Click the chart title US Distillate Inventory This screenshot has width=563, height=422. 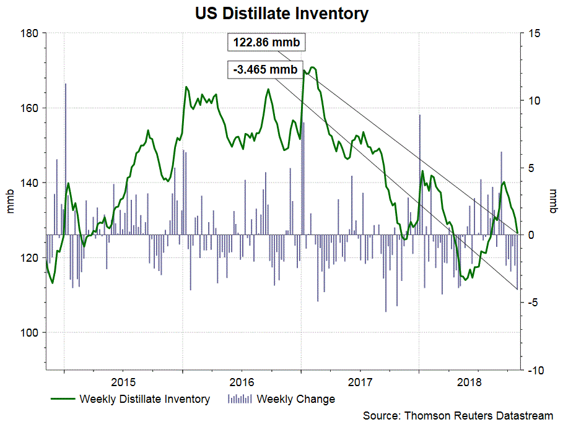coord(281,13)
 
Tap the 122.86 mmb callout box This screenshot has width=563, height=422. coord(265,44)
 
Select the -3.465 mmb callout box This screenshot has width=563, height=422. coord(265,69)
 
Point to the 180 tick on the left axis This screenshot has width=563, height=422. coord(29,33)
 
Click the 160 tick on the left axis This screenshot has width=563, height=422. coord(29,108)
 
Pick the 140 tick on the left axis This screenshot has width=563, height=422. coord(29,183)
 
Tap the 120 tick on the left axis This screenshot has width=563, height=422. coord(29,258)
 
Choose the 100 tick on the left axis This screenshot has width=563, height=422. coord(29,333)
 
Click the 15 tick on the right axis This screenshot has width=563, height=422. coord(534,33)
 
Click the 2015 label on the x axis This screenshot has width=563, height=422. coord(123,379)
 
